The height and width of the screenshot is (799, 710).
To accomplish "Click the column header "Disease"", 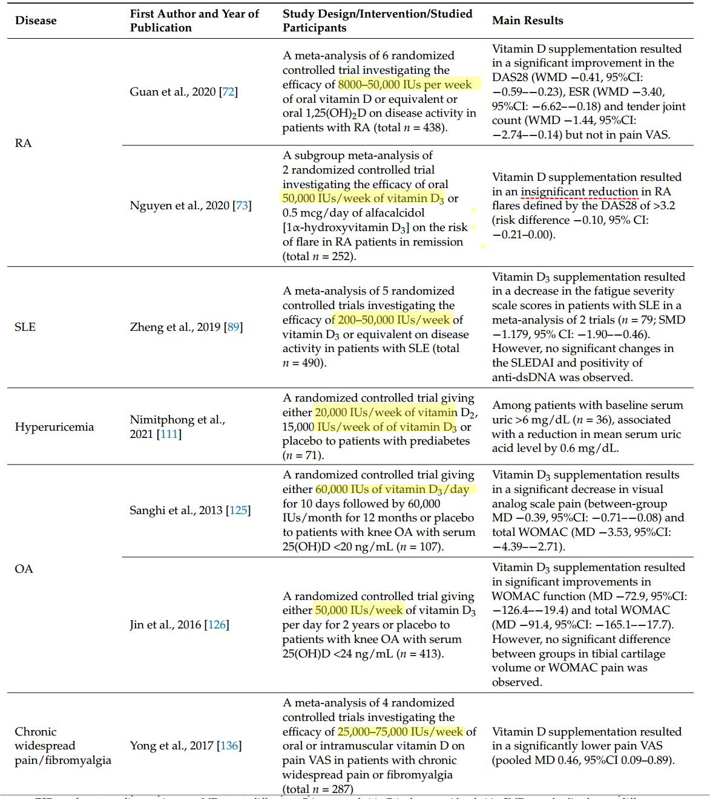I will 36,21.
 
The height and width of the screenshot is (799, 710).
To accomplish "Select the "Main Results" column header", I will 527,21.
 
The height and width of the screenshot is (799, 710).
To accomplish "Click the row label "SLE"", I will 25,327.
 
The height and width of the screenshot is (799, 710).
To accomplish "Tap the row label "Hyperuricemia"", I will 54,426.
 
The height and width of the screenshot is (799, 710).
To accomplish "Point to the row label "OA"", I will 24,569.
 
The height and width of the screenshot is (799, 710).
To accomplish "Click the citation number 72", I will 229,92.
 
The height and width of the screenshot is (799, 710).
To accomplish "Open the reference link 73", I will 242,206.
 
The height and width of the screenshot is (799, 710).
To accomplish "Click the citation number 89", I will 234,327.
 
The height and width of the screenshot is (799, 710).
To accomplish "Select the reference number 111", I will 169,434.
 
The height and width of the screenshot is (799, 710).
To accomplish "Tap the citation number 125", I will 238,510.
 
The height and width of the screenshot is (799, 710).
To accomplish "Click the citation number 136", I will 229,746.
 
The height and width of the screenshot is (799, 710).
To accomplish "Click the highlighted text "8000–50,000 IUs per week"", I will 405,85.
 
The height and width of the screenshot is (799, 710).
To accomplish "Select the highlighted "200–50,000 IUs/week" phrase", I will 394,320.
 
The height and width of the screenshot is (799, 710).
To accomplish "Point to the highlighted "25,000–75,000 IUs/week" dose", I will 400,732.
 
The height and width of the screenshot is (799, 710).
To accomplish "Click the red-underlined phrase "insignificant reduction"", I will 579,192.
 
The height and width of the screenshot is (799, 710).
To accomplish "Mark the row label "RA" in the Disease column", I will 23,143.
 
